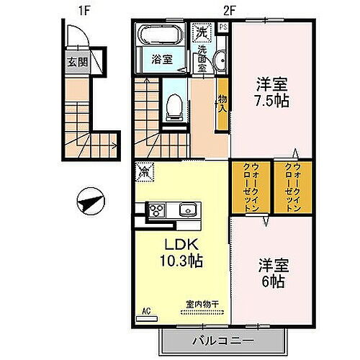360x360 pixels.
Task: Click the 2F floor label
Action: pos(228,9)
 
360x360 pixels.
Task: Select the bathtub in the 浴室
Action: pos(162,36)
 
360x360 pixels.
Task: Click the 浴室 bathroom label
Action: pos(161,60)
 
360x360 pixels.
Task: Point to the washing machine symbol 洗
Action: pos(202,32)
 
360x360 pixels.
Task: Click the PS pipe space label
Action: pos(223,28)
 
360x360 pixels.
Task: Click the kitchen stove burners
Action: pos(157,210)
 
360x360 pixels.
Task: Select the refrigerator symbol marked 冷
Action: pos(145,172)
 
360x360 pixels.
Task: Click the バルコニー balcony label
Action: pos(223,339)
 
